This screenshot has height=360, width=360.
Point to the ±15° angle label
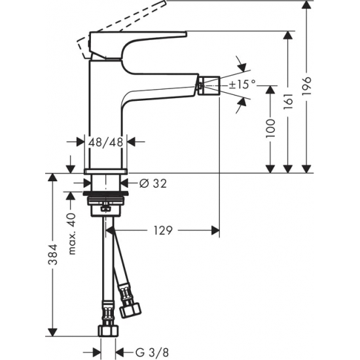pyautogui.click(x=242, y=84)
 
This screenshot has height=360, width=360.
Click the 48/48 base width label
pyautogui.click(x=105, y=141)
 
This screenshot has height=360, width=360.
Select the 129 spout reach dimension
pyautogui.click(x=164, y=230)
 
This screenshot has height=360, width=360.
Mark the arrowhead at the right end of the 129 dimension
pyautogui.click(x=215, y=230)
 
